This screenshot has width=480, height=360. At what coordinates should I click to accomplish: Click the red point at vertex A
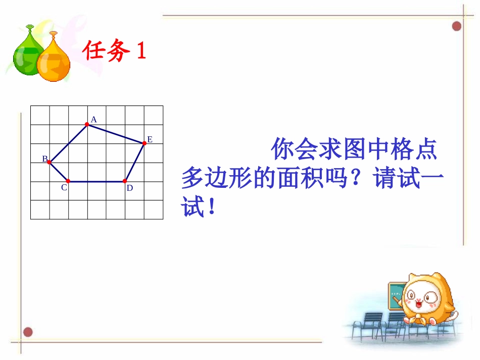tap(87, 124)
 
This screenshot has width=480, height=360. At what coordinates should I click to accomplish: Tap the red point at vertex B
tap(49, 162)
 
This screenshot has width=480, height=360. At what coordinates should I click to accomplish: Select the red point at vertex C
tap(68, 181)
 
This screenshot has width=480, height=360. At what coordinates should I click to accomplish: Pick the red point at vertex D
tap(125, 181)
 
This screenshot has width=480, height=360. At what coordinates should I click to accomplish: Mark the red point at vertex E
tap(144, 143)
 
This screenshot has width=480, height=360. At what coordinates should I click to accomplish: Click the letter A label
tap(94, 120)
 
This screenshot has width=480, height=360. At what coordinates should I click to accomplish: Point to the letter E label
tap(150, 139)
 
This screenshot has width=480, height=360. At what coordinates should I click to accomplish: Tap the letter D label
tap(130, 188)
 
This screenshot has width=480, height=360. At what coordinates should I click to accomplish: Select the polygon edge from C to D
tap(96, 181)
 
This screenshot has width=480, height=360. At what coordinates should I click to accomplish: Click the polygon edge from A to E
tap(115, 133)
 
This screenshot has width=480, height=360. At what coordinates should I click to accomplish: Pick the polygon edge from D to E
tap(134, 162)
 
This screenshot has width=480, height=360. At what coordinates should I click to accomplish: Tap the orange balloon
tap(54, 61)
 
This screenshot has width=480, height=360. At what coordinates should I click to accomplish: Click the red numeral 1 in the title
tap(141, 51)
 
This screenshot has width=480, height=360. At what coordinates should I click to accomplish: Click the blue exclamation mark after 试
tap(211, 207)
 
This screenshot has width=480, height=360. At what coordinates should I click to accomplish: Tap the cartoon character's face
tap(422, 301)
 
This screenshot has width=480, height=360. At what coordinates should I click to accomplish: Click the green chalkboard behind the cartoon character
tap(395, 295)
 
